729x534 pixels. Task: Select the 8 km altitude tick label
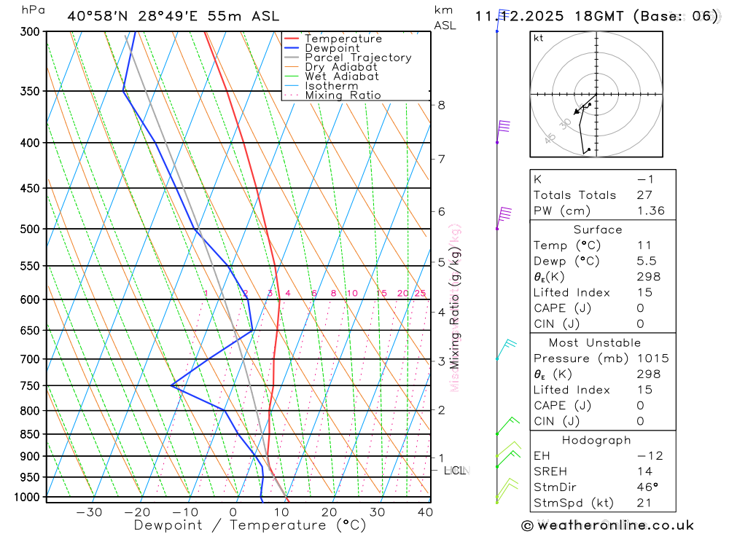(x=442, y=105)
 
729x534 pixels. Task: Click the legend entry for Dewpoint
(x=332, y=48)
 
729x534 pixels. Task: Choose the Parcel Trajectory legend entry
(x=358, y=58)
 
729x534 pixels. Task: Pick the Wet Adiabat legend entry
(x=342, y=76)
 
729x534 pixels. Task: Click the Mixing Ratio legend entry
(x=343, y=95)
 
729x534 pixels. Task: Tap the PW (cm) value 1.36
(x=650, y=211)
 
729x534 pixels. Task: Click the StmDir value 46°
(x=645, y=487)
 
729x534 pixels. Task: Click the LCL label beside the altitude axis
(x=455, y=471)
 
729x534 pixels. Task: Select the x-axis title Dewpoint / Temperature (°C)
(x=249, y=525)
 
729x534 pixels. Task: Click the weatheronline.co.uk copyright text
(x=607, y=525)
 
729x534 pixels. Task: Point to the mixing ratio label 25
(x=420, y=294)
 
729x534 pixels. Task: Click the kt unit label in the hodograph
(x=539, y=38)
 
